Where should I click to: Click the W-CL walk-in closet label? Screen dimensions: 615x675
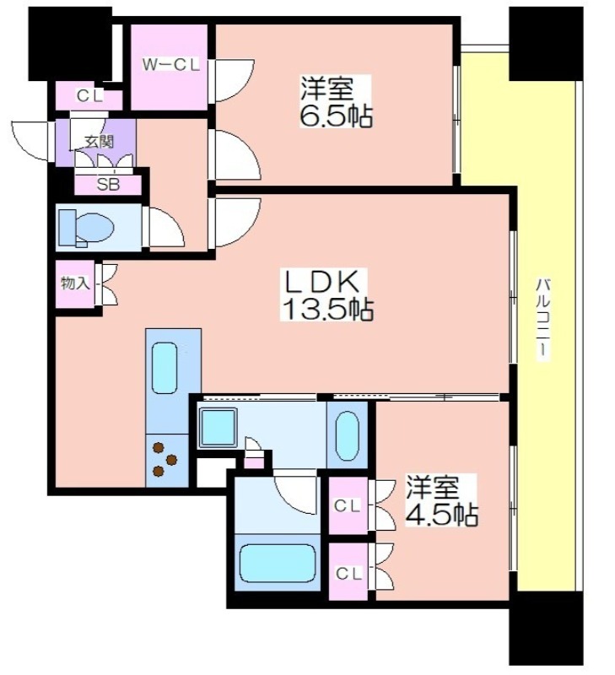tap(171, 65)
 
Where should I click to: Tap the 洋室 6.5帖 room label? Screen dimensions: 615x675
tap(336, 102)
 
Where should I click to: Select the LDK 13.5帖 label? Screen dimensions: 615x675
tap(326, 294)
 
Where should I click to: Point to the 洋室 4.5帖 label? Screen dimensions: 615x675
tap(441, 500)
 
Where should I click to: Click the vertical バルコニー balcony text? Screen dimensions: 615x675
tap(542, 317)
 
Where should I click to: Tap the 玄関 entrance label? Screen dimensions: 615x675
tap(98, 141)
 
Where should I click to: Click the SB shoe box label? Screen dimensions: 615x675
tap(108, 185)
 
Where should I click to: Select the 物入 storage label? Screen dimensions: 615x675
tap(75, 283)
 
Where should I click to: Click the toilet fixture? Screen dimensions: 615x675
tap(86, 228)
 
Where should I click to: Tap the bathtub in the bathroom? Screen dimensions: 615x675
tap(278, 563)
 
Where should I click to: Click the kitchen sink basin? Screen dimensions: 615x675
tap(165, 368)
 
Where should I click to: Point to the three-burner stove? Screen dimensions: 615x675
tap(166, 460)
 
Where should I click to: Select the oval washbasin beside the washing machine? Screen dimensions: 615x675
tap(347, 436)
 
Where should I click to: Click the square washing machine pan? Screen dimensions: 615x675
tap(218, 427)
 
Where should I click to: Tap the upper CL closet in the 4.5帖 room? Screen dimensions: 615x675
tap(348, 505)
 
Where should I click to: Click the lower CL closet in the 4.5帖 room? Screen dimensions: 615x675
tap(348, 572)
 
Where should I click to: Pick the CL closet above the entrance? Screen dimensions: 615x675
tap(89, 96)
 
